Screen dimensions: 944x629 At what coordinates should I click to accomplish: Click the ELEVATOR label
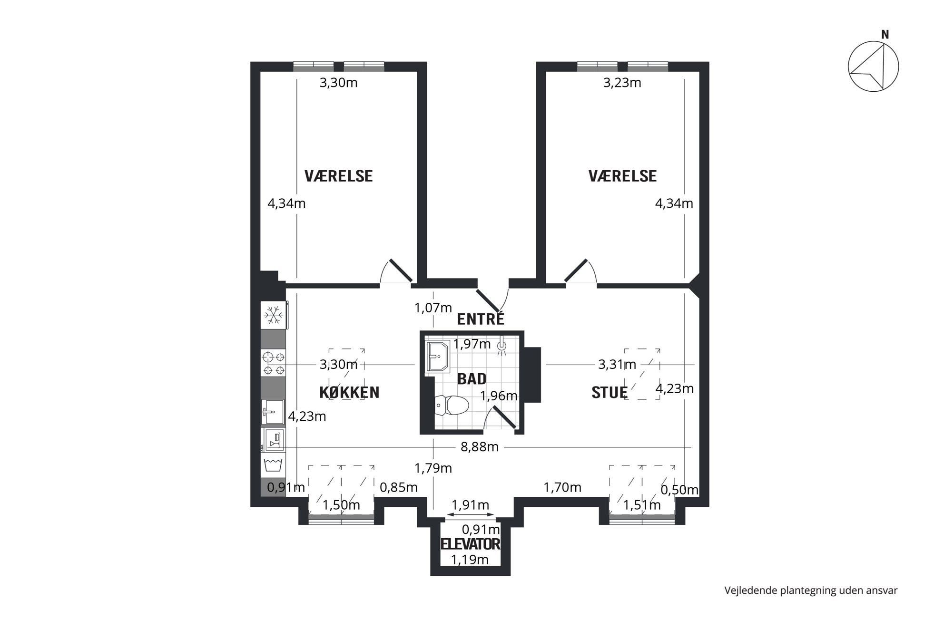(470, 544)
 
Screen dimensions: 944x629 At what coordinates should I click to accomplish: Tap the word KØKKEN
(349, 392)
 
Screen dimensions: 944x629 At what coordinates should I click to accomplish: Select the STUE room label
(610, 392)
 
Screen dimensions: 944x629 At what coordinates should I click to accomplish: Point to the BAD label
(472, 378)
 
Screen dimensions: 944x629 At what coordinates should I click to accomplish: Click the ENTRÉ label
(480, 319)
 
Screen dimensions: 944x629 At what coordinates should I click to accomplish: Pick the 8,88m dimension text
(479, 447)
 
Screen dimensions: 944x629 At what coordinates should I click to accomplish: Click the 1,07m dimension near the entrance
(433, 308)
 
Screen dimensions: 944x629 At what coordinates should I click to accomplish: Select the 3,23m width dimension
(622, 83)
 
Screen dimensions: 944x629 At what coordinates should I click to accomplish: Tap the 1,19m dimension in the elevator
(470, 560)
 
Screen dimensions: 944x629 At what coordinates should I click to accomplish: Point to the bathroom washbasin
(437, 356)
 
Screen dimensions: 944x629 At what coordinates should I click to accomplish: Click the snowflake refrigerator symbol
(273, 315)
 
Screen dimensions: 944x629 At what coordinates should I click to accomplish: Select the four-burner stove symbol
(273, 363)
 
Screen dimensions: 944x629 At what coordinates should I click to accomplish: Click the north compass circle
(873, 67)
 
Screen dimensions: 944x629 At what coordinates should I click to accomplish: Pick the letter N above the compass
(885, 35)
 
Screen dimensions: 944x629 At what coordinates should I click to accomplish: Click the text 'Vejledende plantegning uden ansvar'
(811, 590)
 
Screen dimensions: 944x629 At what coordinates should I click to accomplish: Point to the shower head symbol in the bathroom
(501, 347)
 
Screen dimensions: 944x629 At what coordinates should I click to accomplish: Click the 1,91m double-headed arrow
(470, 515)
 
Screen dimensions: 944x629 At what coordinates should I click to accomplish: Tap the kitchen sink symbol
(273, 412)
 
